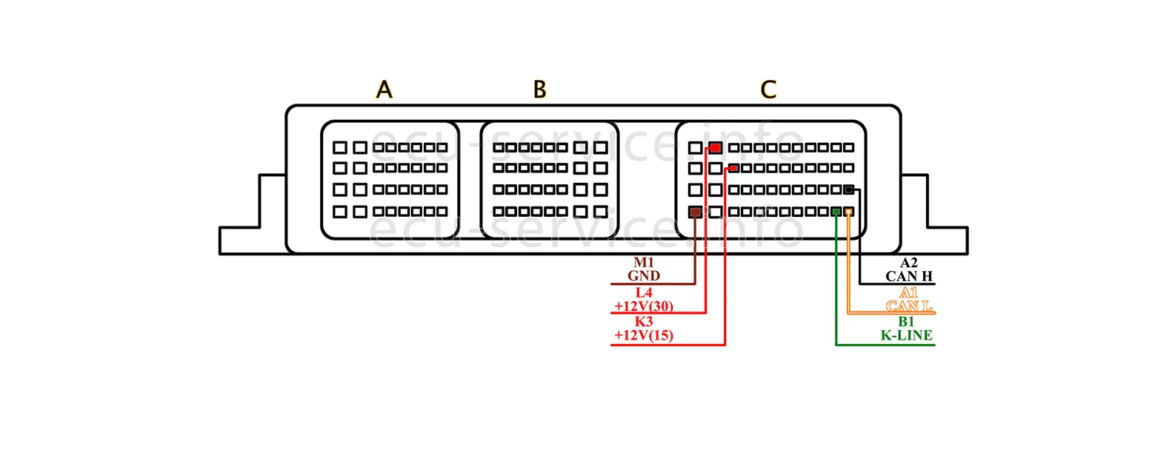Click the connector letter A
coord(384,90)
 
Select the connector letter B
coord(540,90)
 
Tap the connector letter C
coord(768,90)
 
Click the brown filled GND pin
coord(695,212)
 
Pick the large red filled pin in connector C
coord(716,148)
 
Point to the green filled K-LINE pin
coord(836,212)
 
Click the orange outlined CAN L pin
coord(849,212)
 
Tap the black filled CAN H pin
coord(849,189)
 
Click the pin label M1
coord(644,263)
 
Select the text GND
coord(644,276)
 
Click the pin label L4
coord(644,293)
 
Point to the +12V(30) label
coord(644,306)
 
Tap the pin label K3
coord(644,322)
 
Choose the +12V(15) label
coord(644,335)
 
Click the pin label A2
coord(909,263)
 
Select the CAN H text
coord(909,276)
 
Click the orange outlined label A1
coord(909,293)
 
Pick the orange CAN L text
coord(909,306)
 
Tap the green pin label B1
coord(906,322)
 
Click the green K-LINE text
coord(906,335)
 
